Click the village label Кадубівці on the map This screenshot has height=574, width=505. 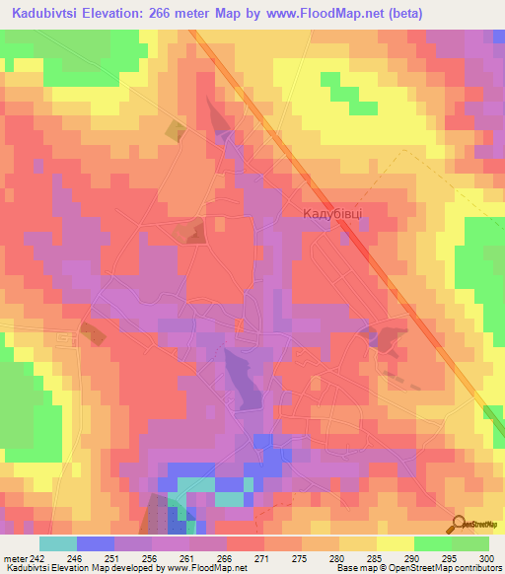[x=332, y=213]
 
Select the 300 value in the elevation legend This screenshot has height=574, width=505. [x=484, y=557]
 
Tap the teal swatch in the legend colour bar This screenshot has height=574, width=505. [x=58, y=543]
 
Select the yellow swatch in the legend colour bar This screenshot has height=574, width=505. [x=395, y=543]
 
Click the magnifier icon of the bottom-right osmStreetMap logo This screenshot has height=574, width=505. [x=457, y=524]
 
